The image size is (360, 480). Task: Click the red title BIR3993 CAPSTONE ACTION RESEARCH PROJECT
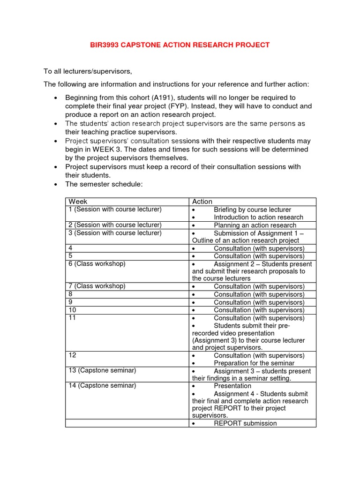coord(180,45)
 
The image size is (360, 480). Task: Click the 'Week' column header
coord(78,202)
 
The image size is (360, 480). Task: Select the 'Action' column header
coord(202,202)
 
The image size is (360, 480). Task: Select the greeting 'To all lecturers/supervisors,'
coord(88,71)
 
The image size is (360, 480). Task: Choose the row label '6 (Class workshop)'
coord(97,264)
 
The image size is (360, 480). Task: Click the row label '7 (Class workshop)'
coord(97,286)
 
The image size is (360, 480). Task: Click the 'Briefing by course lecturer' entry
coord(252,210)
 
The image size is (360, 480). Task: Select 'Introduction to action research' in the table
coord(258,217)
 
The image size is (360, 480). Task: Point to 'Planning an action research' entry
coord(255,225)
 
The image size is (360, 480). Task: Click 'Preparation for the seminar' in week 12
coord(254,363)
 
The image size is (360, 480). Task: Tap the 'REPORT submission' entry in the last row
coord(245,423)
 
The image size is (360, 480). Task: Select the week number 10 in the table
coord(72,310)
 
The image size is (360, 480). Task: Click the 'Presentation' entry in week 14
coord(232,386)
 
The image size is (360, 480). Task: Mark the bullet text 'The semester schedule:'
coord(104,184)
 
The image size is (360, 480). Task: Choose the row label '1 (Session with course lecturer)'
coord(115,210)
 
